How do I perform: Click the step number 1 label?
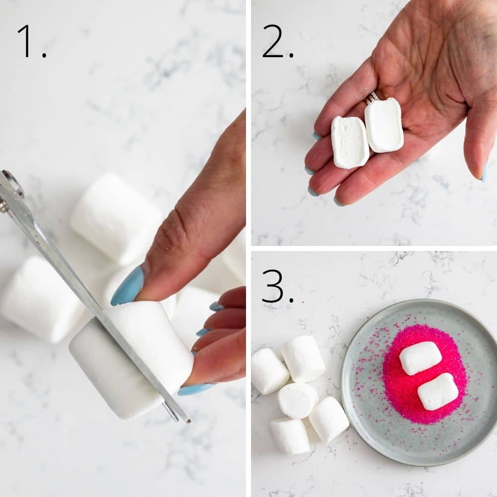(31, 41)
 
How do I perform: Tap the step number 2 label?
(277, 41)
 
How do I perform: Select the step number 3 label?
(277, 286)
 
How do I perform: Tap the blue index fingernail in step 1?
(127, 286)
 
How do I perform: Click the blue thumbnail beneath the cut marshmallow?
(195, 389)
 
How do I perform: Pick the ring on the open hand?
(373, 97)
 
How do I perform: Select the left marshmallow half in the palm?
(350, 142)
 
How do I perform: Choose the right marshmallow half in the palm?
(384, 125)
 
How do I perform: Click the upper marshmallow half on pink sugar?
(420, 358)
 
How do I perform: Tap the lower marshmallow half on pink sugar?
(437, 392)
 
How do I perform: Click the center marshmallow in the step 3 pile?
(298, 400)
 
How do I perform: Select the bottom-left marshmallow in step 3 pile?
(290, 436)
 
